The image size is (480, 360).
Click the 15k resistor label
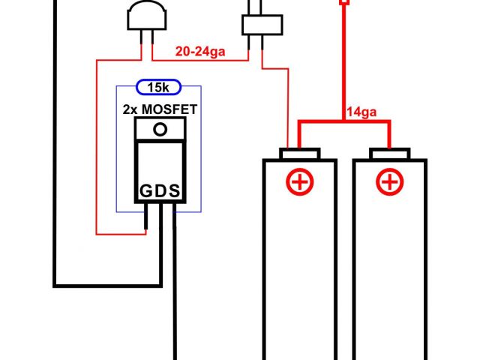(x=158, y=88)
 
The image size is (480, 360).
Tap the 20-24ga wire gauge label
(x=199, y=52)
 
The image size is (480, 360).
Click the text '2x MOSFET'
(x=160, y=109)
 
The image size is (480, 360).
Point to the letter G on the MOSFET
(x=145, y=191)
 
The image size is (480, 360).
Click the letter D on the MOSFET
(x=160, y=191)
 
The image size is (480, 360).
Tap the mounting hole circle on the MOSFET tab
(x=159, y=129)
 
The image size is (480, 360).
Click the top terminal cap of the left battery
(x=298, y=154)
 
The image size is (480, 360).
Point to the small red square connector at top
(x=344, y=3)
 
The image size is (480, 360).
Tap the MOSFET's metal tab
(x=159, y=130)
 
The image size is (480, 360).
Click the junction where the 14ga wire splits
(x=344, y=121)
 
